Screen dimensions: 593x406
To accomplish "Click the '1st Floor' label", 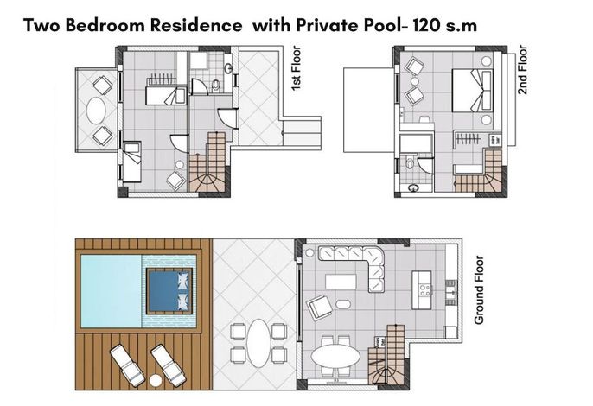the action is pos(296,68).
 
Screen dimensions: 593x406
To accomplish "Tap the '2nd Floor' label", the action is pos(522,70).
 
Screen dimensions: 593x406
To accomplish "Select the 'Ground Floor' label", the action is pos(479,290).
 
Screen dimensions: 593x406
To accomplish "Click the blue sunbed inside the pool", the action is pos(169,291).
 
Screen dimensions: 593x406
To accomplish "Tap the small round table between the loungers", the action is pos(155,380).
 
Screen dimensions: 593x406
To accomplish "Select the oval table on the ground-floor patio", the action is pos(258,342).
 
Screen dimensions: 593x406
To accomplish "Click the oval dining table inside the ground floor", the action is pos(335,356).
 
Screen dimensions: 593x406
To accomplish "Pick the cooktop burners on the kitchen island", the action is pos(424,290).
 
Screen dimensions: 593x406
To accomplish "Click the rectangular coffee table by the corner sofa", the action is pos(341,282).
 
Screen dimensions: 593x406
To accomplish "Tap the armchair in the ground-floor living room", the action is pos(320,307).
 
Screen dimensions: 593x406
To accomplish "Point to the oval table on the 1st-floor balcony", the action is pos(96,110).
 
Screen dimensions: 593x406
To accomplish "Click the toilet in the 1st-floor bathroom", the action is pos(215,86).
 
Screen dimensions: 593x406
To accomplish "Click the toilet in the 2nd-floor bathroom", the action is pos(411,163).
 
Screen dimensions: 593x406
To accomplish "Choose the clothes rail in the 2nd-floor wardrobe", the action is pos(469,139).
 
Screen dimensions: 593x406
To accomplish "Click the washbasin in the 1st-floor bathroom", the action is pos(228,68).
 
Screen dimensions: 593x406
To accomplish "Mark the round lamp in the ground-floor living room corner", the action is pos(309,252).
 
